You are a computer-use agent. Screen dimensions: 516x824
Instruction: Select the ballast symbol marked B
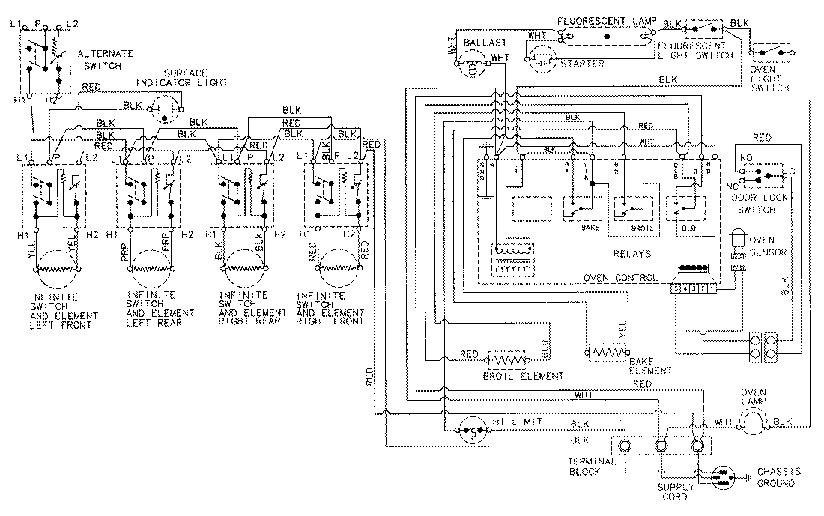[x=473, y=67]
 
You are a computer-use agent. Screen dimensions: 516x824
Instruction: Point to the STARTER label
[x=582, y=64]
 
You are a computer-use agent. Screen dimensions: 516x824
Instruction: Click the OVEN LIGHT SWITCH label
[x=769, y=79]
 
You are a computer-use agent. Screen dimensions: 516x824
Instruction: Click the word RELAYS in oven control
[x=631, y=254]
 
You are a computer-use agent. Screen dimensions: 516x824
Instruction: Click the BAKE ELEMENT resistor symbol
[x=606, y=350]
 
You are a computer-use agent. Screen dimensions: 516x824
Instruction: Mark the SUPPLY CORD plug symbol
[x=724, y=476]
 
